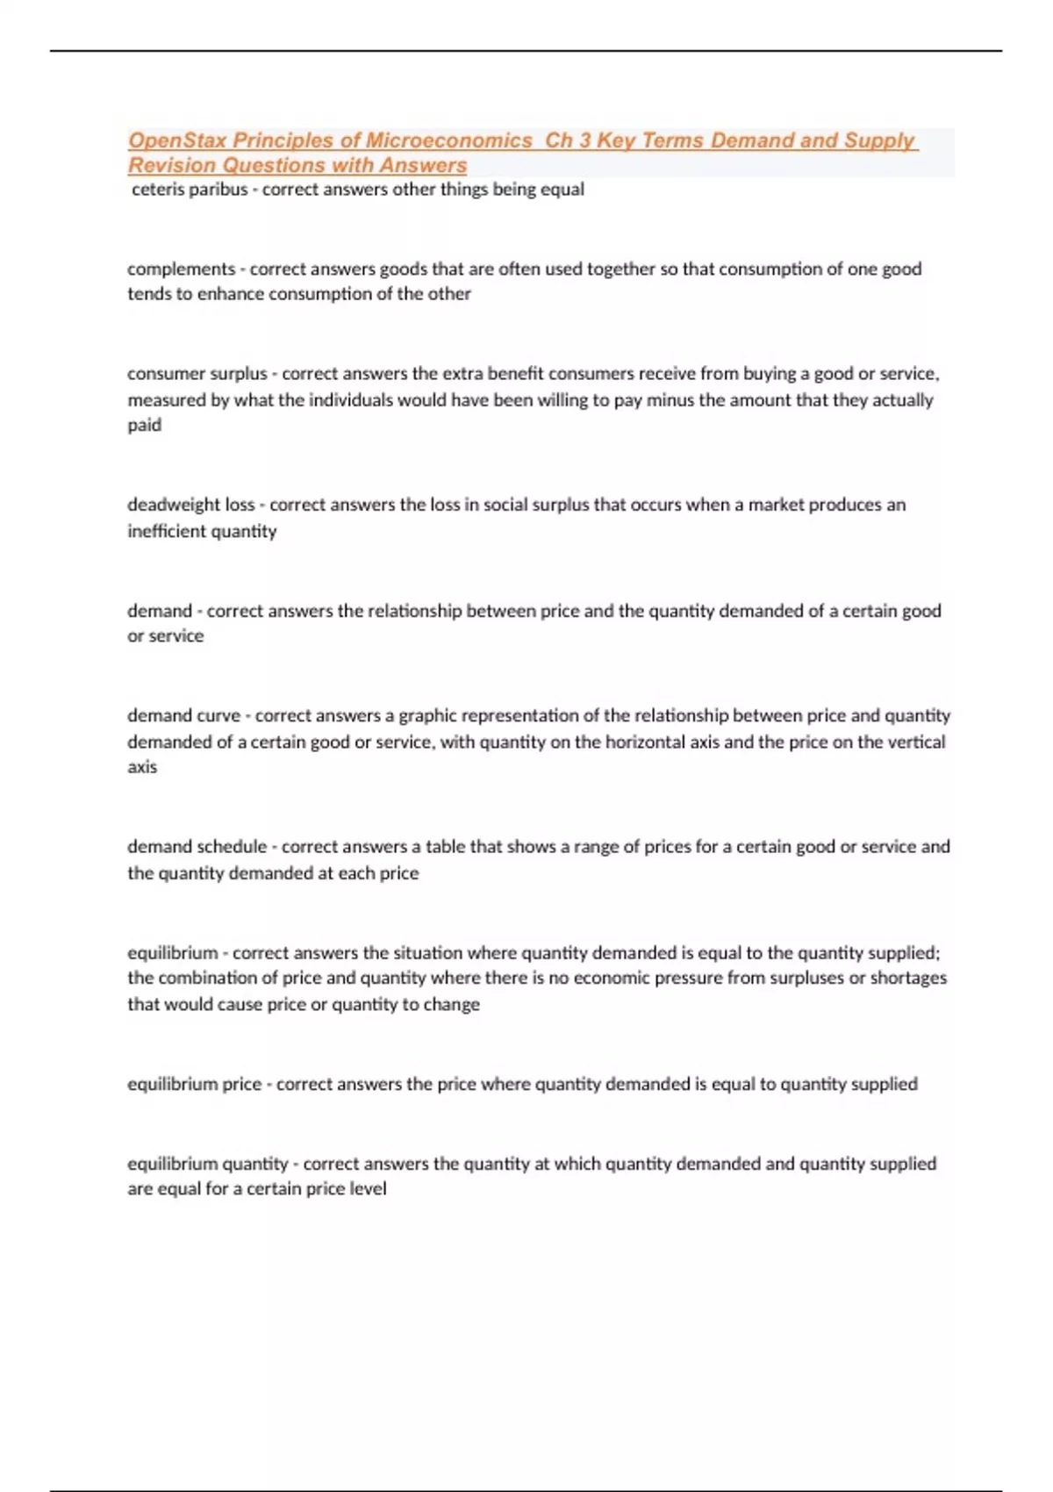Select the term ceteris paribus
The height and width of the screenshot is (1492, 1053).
point(190,190)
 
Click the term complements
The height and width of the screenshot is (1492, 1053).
point(181,269)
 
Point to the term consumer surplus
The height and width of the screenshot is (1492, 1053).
point(197,374)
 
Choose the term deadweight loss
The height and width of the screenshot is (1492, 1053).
point(190,505)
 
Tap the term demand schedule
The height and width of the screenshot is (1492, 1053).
point(197,847)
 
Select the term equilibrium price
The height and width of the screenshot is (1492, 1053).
point(194,1084)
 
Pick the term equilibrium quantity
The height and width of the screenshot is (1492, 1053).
point(207,1164)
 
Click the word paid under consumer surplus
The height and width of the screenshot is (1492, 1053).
point(144,426)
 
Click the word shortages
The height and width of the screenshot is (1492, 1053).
point(908,978)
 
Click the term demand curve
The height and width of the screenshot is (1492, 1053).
point(183,716)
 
